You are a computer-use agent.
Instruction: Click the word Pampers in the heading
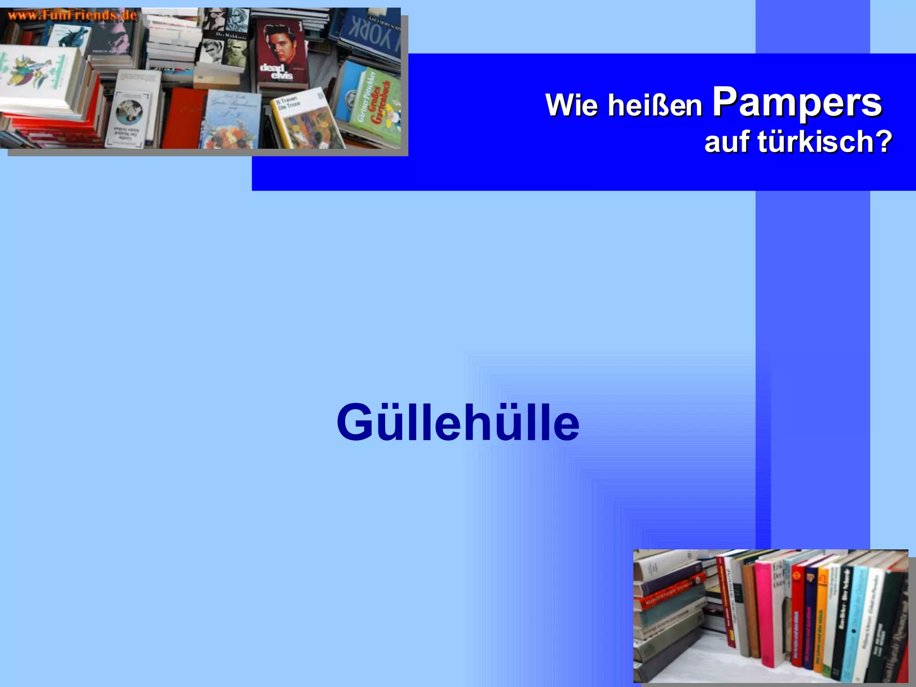point(797,103)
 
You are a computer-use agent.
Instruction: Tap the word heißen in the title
point(655,106)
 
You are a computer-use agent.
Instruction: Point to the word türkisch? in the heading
point(825,142)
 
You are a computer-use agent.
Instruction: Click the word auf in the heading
point(727,142)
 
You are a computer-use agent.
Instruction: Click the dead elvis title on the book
point(276,72)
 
